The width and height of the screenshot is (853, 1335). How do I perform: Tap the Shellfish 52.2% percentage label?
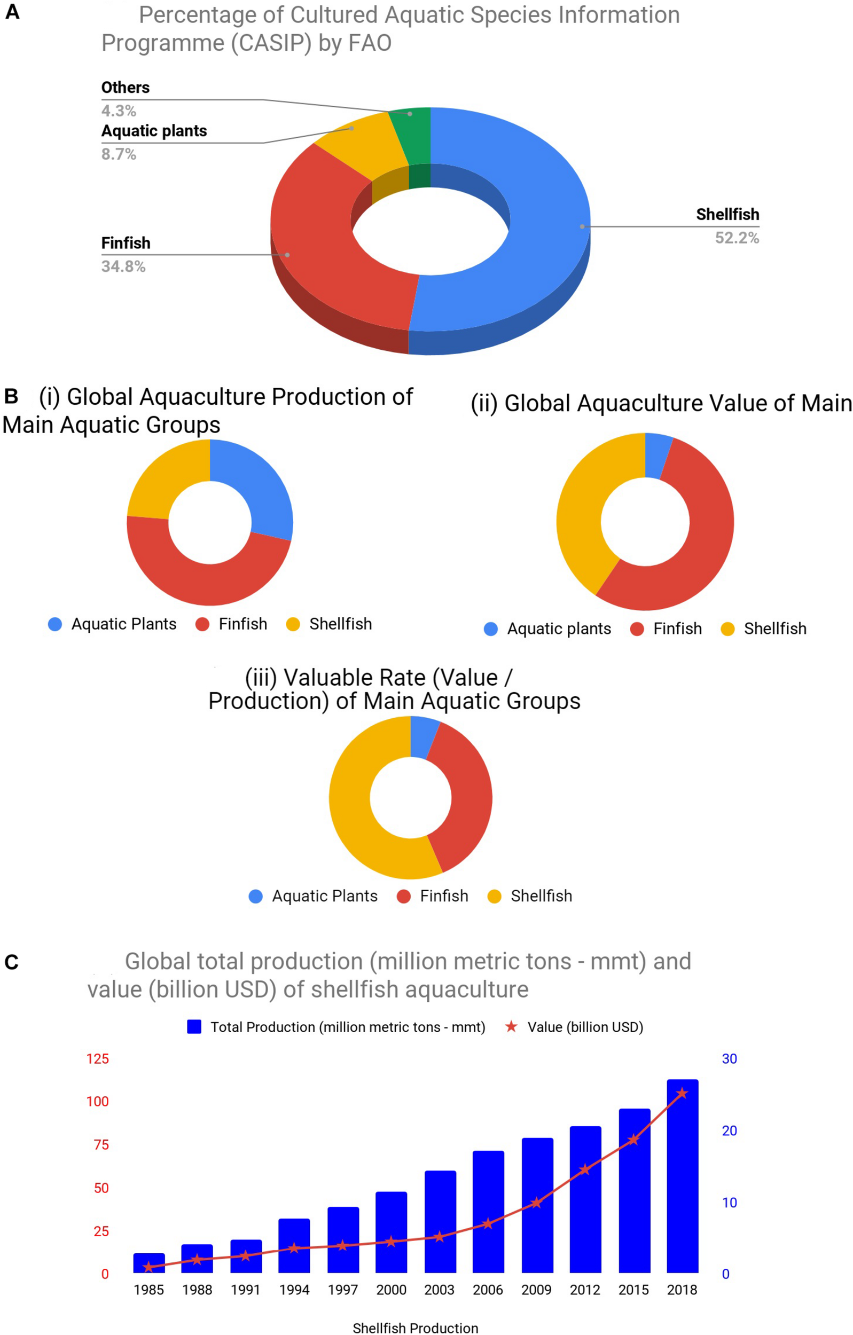pos(737,238)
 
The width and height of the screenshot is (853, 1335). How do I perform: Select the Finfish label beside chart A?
pos(126,243)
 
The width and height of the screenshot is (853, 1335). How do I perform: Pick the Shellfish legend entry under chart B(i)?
pos(330,624)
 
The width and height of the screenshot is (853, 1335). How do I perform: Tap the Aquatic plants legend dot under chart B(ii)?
pos(491,629)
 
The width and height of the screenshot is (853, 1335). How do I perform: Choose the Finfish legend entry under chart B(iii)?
pos(433,896)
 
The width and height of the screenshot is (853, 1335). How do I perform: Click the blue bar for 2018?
pos(682,1181)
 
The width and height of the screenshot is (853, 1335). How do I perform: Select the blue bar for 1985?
pos(148,1264)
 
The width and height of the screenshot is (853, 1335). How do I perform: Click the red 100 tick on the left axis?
pos(98,1101)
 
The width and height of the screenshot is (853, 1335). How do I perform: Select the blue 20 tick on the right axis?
pos(729,1130)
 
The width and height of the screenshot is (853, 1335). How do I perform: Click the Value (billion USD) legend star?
pos(511,1027)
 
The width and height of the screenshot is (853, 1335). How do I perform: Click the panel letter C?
pos(12,962)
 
